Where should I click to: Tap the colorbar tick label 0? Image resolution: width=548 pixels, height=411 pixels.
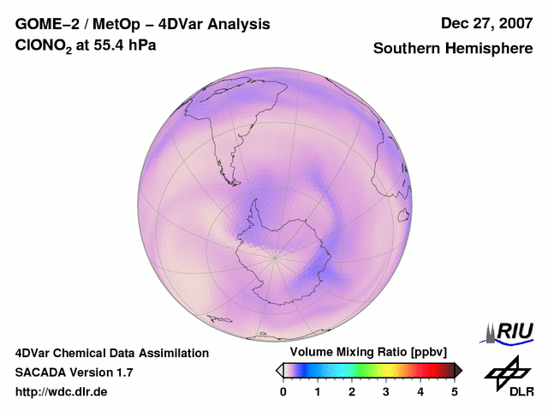point(283,391)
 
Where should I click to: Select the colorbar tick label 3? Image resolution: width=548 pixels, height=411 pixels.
point(386,391)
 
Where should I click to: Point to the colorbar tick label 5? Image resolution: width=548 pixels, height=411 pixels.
point(455,391)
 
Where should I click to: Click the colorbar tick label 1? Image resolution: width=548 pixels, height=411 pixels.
point(318,391)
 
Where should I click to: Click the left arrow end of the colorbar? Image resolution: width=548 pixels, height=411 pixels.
point(279,370)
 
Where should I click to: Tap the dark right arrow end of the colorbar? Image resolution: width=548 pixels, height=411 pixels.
point(458,370)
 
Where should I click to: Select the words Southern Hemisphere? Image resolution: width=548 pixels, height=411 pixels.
point(453,49)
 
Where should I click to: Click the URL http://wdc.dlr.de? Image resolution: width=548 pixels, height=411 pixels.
point(62,392)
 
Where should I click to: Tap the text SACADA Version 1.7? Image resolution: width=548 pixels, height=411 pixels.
point(74,372)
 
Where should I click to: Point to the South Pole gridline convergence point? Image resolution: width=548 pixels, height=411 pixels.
point(275,255)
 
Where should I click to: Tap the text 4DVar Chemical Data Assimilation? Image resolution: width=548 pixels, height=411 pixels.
point(111,353)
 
